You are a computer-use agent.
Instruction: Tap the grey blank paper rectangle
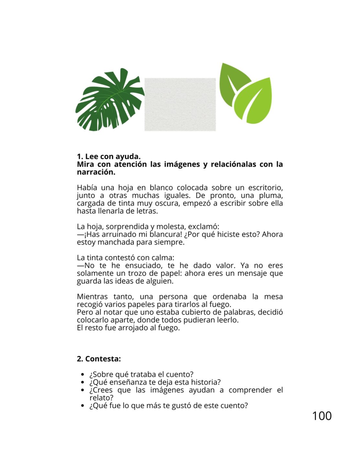click(180, 104)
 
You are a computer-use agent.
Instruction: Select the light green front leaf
click(254, 102)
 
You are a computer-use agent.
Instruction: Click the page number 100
click(322, 416)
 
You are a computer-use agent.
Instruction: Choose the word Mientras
click(92, 296)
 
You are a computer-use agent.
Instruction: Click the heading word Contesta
click(103, 359)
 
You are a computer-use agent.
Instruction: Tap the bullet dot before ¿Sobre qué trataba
click(83, 375)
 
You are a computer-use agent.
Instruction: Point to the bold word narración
click(96, 172)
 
